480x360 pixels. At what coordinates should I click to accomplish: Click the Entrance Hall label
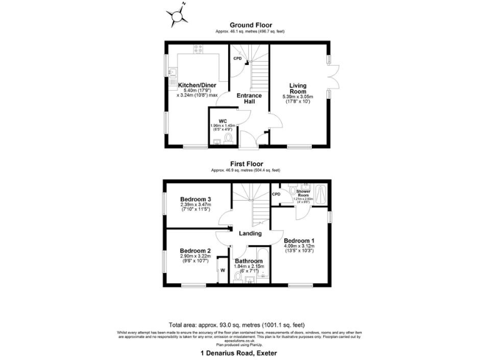(x=248, y=99)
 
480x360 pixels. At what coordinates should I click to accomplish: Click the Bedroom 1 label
(x=299, y=241)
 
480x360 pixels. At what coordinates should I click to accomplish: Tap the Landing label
(x=250, y=233)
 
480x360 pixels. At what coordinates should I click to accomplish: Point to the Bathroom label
(x=248, y=261)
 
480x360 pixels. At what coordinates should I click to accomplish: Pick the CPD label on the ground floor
(x=237, y=58)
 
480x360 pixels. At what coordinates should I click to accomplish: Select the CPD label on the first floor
(x=276, y=194)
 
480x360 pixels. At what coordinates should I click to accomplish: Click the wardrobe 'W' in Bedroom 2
(x=222, y=271)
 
